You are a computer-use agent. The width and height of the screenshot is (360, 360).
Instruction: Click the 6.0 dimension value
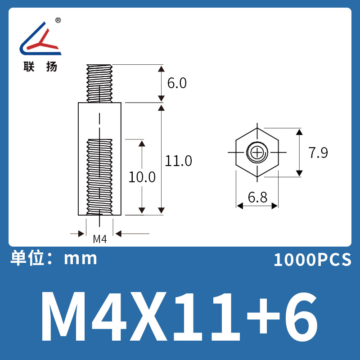click(x=176, y=84)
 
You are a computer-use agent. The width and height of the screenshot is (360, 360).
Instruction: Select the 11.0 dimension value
click(x=178, y=161)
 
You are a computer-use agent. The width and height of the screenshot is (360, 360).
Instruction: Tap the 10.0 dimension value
click(x=142, y=177)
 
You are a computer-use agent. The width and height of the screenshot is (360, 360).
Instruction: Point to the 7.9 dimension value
click(x=318, y=153)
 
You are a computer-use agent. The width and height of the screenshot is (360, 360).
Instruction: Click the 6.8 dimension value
click(x=257, y=197)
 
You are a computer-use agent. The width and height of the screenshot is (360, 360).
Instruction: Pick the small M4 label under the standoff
click(x=99, y=239)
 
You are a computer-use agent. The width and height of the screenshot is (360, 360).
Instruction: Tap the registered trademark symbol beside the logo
click(x=58, y=21)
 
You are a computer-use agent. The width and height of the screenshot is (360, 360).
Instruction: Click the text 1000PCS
click(x=312, y=260)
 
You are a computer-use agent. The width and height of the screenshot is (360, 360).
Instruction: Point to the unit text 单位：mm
click(x=54, y=258)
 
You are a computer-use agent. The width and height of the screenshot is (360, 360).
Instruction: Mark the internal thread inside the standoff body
click(x=99, y=175)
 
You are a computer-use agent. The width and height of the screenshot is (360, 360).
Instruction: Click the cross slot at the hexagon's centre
click(x=257, y=153)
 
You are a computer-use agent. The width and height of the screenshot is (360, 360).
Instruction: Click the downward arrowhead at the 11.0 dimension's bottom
click(x=162, y=211)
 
